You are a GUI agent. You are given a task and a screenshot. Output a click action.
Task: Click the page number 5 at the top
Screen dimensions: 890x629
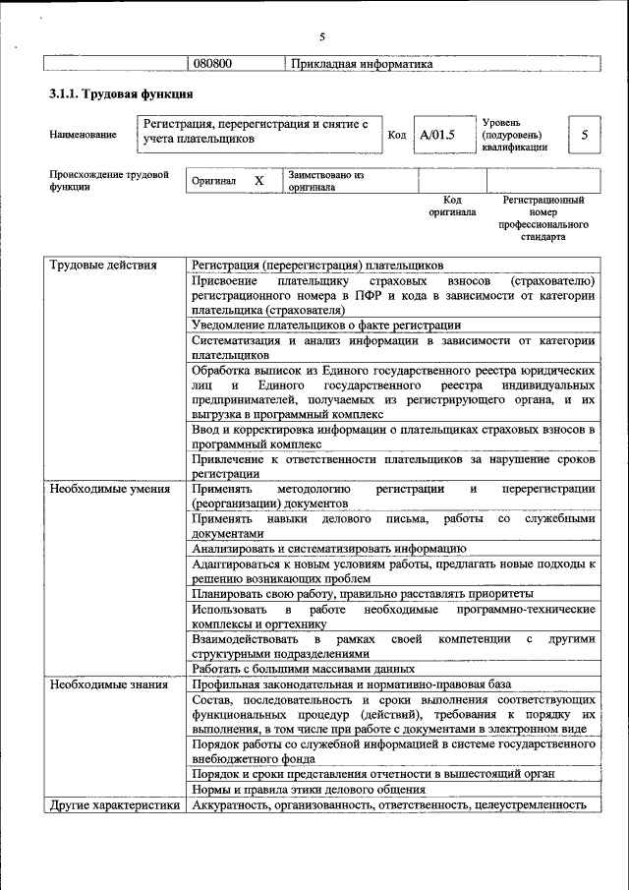(x=321, y=37)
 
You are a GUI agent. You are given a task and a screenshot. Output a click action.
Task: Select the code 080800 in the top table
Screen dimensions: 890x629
(x=212, y=64)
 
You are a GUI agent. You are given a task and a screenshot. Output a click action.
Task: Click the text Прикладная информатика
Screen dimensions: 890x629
(x=362, y=64)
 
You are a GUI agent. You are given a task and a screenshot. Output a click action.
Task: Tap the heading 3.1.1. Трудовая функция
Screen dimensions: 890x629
(x=121, y=94)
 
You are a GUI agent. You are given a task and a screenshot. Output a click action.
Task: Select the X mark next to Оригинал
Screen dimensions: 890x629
(x=259, y=181)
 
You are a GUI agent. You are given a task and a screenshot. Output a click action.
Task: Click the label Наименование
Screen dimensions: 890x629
(x=83, y=135)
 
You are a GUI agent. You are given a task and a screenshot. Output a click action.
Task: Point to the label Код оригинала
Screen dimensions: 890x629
(x=452, y=206)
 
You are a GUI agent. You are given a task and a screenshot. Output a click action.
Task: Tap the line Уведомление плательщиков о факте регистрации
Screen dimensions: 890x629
(x=326, y=326)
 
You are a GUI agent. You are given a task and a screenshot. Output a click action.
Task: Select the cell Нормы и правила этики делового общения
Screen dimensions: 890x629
(x=309, y=789)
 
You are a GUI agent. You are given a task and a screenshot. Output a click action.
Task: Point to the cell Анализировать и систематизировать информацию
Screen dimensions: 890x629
(x=328, y=549)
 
